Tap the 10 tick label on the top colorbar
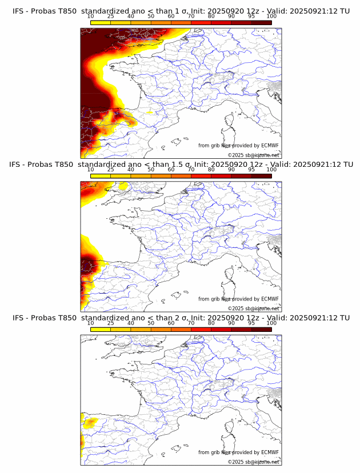pyautogui.click(x=91, y=16)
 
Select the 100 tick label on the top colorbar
pyautogui.click(x=271, y=16)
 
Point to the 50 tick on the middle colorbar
pyautogui.click(x=151, y=170)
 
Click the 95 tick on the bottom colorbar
pyautogui.click(x=251, y=323)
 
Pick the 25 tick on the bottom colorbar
pyautogui.click(x=111, y=323)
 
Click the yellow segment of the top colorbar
pyautogui.click(x=101, y=22)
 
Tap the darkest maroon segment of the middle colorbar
pyautogui.click(x=262, y=176)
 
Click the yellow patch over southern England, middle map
pyautogui.click(x=122, y=185)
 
